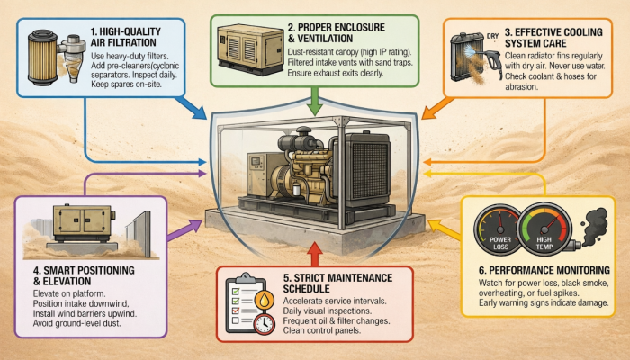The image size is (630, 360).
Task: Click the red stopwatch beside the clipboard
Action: (x=263, y=322)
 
